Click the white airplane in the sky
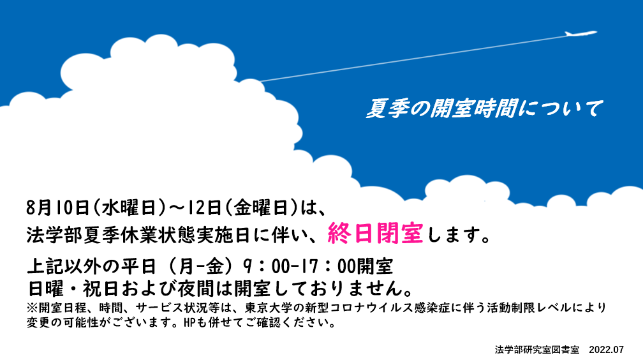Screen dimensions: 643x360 tap(580, 33)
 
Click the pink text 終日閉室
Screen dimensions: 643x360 tap(375, 234)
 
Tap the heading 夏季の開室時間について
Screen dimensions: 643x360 tap(484, 109)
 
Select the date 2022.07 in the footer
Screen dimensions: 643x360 tap(606, 350)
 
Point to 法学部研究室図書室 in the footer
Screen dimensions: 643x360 tap(537, 350)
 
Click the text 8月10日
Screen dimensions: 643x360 tap(58, 207)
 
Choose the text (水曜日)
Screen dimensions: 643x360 tap(129, 207)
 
